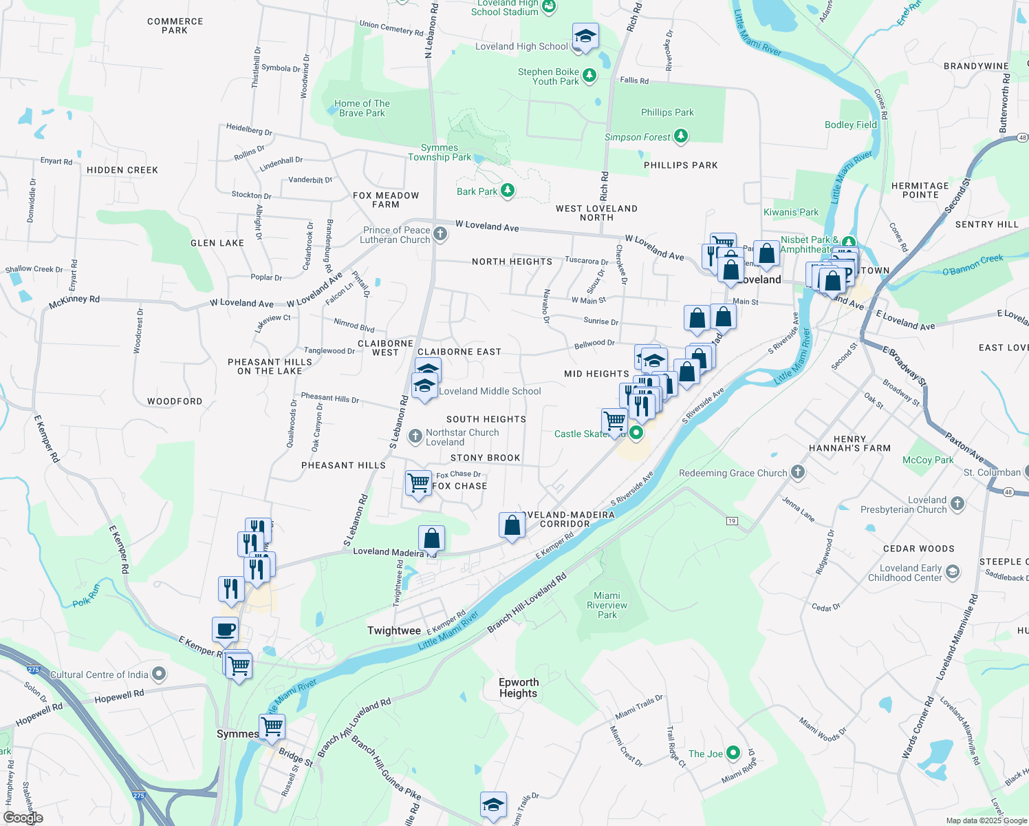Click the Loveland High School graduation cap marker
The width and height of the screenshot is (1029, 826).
click(585, 37)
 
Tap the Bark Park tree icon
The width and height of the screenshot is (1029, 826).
click(508, 191)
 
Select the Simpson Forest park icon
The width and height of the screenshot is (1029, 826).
click(681, 137)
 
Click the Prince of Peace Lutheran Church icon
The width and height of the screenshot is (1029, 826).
click(440, 235)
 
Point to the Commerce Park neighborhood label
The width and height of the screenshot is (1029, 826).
click(175, 25)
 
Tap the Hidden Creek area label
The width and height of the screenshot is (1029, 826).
click(122, 170)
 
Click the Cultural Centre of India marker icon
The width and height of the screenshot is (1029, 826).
click(159, 675)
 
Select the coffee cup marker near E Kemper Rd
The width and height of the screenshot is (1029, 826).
click(225, 629)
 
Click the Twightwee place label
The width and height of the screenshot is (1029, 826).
click(394, 631)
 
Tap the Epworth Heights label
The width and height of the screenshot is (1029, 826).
click(519, 688)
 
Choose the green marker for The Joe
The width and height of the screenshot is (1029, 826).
click(733, 753)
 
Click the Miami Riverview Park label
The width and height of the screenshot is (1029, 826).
click(607, 605)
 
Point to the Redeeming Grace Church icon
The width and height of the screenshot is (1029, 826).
click(798, 472)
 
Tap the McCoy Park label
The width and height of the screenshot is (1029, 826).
click(928, 460)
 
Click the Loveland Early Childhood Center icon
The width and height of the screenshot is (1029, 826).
click(953, 571)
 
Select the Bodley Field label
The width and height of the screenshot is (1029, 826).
click(851, 125)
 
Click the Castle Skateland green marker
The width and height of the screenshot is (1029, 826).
click(636, 433)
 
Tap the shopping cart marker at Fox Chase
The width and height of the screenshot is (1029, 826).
click(418, 483)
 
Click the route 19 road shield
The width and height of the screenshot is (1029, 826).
click(732, 521)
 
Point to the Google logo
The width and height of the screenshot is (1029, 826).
click(23, 817)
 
